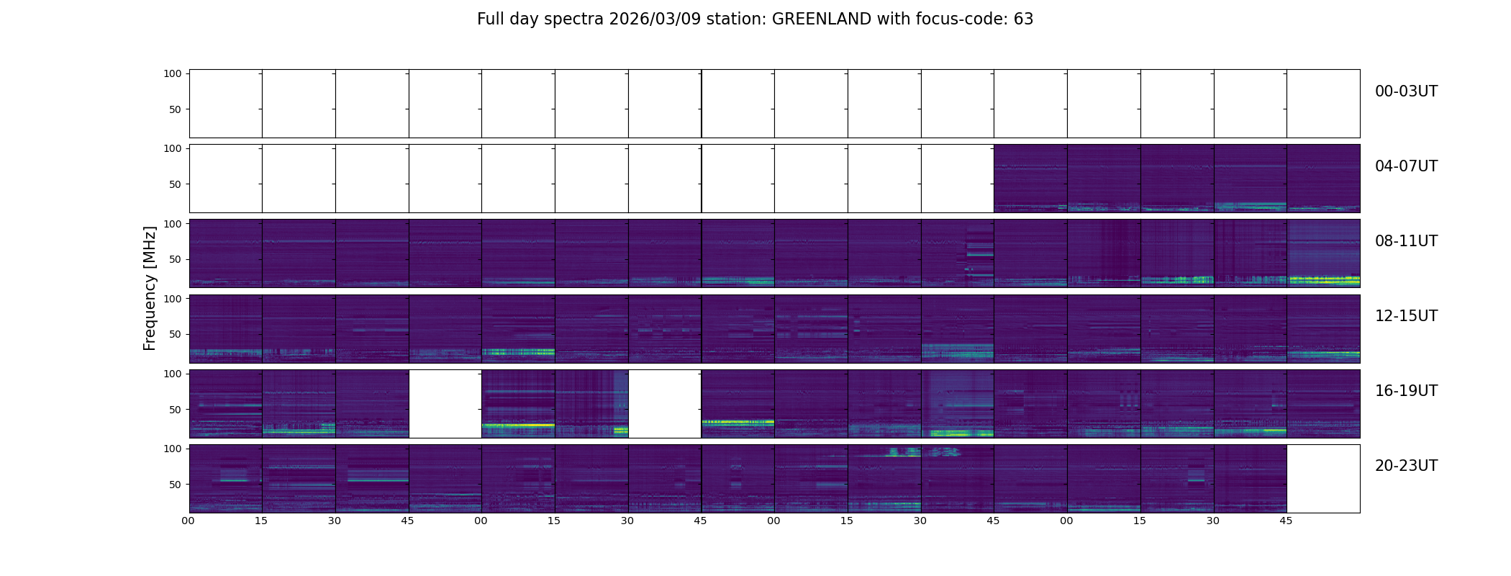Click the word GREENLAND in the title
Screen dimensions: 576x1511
pyautogui.click(x=821, y=19)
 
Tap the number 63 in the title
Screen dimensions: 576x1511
pyautogui.click(x=1023, y=19)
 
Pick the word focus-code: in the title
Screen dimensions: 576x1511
pyautogui.click(x=958, y=19)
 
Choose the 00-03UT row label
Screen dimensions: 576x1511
pyautogui.click(x=1406, y=91)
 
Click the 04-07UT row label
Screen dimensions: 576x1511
pyautogui.click(x=1406, y=166)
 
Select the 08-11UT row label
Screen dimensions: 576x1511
pyautogui.click(x=1406, y=241)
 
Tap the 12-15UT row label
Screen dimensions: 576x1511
pyautogui.click(x=1406, y=316)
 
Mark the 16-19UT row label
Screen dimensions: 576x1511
pyautogui.click(x=1406, y=391)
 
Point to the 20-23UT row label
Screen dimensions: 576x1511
pyautogui.click(x=1406, y=466)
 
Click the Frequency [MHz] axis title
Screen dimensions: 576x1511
pyautogui.click(x=150, y=288)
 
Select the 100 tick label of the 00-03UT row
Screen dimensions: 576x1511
pyautogui.click(x=173, y=73)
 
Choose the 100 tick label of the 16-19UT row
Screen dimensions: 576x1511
pyautogui.click(x=173, y=374)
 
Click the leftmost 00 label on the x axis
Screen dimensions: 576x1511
pyautogui.click(x=188, y=521)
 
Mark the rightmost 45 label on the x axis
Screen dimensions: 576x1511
pyautogui.click(x=1286, y=521)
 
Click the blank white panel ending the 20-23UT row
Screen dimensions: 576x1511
pyautogui.click(x=1323, y=479)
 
